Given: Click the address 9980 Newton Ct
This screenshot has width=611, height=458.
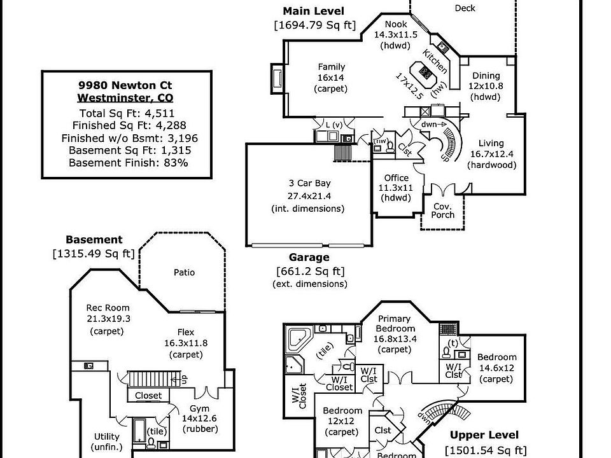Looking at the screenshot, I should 125,85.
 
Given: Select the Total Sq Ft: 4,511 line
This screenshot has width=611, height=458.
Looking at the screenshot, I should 125,113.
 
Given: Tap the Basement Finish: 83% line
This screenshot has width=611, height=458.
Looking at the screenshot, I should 125,162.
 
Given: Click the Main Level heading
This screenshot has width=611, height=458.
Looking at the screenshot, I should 313,11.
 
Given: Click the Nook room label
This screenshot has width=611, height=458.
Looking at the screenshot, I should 395,24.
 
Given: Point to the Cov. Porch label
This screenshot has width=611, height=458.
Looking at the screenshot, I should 443,211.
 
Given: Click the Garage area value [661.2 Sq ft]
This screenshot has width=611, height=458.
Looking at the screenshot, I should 309,271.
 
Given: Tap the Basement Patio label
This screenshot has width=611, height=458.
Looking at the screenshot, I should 184,272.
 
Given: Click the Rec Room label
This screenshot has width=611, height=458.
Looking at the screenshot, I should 107,309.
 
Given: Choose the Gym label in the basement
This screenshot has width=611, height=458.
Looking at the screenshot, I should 199,408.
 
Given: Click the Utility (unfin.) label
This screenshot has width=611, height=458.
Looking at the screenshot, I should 106,436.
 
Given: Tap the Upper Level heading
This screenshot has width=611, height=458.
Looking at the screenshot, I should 484,436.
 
